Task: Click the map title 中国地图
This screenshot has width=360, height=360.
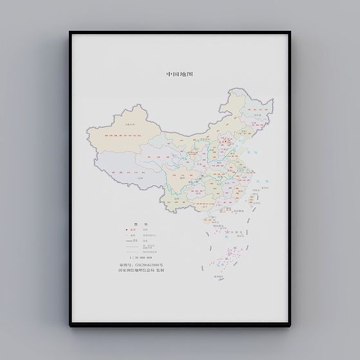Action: click(x=179, y=74)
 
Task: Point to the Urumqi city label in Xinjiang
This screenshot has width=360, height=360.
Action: click(x=114, y=126)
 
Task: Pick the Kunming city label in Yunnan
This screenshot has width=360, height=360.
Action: click(x=177, y=201)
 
